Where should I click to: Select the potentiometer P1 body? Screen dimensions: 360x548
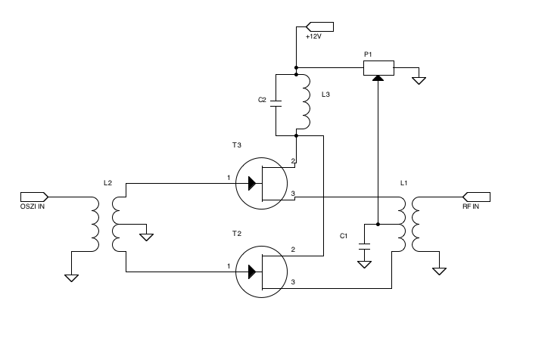[378, 68]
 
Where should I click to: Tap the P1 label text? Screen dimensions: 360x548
[368, 54]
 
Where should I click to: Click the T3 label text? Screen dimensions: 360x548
[237, 144]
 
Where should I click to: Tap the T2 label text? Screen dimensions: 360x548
[237, 233]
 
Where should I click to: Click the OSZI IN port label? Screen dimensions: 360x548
[33, 205]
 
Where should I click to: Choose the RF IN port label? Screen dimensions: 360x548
[470, 205]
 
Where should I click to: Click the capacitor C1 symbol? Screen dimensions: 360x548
[364, 243]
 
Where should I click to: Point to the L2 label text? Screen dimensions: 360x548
[107, 184]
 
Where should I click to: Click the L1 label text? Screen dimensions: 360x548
[403, 184]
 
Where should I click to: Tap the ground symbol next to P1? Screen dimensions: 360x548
[419, 79]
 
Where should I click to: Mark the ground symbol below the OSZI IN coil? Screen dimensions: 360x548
[71, 277]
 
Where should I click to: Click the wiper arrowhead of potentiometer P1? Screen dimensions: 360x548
[377, 78]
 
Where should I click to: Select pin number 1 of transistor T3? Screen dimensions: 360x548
[228, 178]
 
